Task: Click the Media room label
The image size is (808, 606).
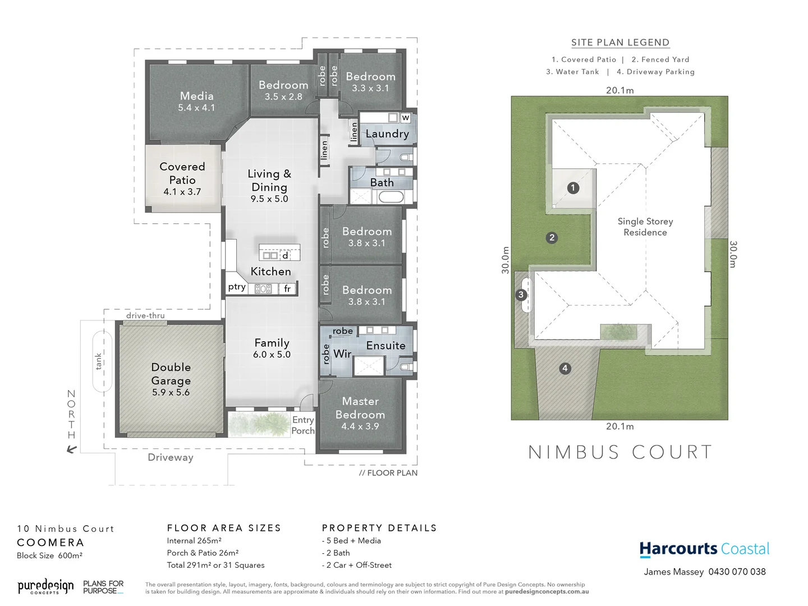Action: [x=196, y=101]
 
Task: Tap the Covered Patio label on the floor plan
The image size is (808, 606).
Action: [x=182, y=178]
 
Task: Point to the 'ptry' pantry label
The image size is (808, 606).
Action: [x=237, y=287]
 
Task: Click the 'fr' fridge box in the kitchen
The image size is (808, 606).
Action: [x=287, y=289]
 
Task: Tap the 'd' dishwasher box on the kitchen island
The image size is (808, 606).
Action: [x=285, y=256]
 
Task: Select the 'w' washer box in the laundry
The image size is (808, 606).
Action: [x=405, y=118]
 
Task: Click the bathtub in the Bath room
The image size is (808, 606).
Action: [x=391, y=197]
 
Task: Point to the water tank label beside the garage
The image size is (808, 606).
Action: [x=99, y=361]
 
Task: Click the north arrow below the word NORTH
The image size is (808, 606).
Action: [x=71, y=449]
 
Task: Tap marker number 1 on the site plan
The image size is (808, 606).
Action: [x=573, y=188]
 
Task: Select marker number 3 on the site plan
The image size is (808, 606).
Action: [x=521, y=295]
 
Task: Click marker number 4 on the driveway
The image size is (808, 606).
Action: [x=565, y=369]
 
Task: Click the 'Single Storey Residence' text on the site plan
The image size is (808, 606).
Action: [x=645, y=227]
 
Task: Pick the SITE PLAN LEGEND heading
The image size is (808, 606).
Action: [x=620, y=43]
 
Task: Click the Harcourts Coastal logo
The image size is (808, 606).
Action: [x=704, y=549]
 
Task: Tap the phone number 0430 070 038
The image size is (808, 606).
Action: [x=737, y=572]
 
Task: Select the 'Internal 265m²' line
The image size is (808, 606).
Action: [x=194, y=541]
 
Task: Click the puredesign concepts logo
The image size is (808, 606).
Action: [x=45, y=587]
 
